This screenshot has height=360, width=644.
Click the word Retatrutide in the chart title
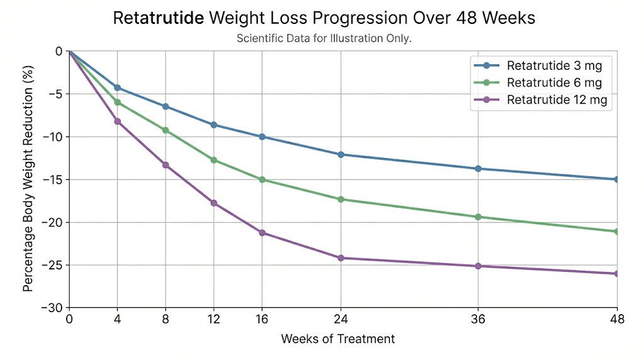[158, 18]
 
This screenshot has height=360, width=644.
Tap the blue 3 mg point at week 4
[117, 87]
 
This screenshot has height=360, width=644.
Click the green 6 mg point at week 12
[214, 160]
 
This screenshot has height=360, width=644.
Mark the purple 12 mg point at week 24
[341, 258]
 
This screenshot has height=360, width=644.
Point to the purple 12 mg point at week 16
[262, 233]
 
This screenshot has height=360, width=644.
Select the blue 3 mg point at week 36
[478, 169]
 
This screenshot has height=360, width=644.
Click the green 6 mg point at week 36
[478, 217]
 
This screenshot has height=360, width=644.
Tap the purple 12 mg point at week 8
[165, 165]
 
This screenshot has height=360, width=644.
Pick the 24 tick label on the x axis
[341, 320]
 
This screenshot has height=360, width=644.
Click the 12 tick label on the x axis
[214, 320]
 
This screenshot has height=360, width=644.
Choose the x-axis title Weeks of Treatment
[338, 339]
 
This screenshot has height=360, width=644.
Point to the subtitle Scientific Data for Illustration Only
[324, 38]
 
